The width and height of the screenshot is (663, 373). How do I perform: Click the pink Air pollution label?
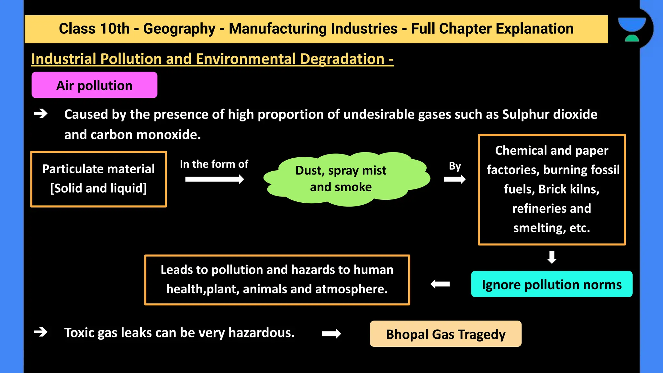(x=94, y=85)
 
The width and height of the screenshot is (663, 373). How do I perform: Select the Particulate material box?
(x=98, y=179)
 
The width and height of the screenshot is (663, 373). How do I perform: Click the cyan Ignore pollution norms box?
(x=551, y=284)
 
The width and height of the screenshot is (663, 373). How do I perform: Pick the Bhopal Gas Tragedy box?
(x=445, y=334)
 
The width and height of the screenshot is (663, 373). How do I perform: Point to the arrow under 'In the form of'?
(x=214, y=179)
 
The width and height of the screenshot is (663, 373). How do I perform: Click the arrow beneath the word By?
(x=455, y=179)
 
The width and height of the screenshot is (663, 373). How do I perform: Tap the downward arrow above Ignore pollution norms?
(x=552, y=257)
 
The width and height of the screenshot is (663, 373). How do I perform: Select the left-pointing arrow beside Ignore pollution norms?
(x=440, y=284)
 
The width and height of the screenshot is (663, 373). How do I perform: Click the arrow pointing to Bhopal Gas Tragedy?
(x=331, y=333)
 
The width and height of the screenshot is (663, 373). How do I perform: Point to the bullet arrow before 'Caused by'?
(x=40, y=114)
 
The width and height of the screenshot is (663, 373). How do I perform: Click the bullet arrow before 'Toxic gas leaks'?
(x=40, y=332)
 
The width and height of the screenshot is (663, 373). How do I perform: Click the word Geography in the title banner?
(x=179, y=28)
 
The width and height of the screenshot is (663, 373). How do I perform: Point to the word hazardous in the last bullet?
(x=261, y=333)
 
